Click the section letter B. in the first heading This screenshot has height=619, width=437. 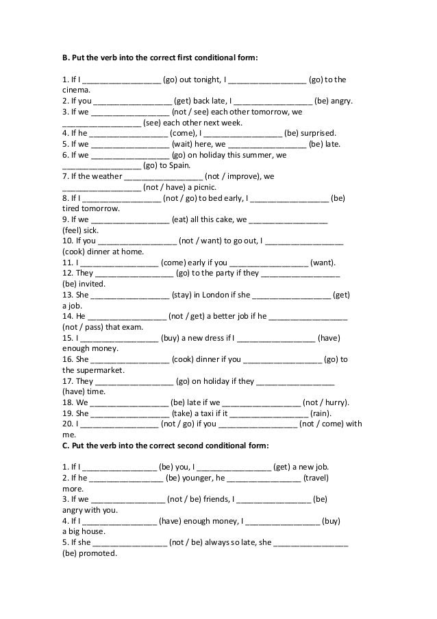(66, 58)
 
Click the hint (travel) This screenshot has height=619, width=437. (317, 478)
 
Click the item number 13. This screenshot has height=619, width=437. (67, 295)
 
